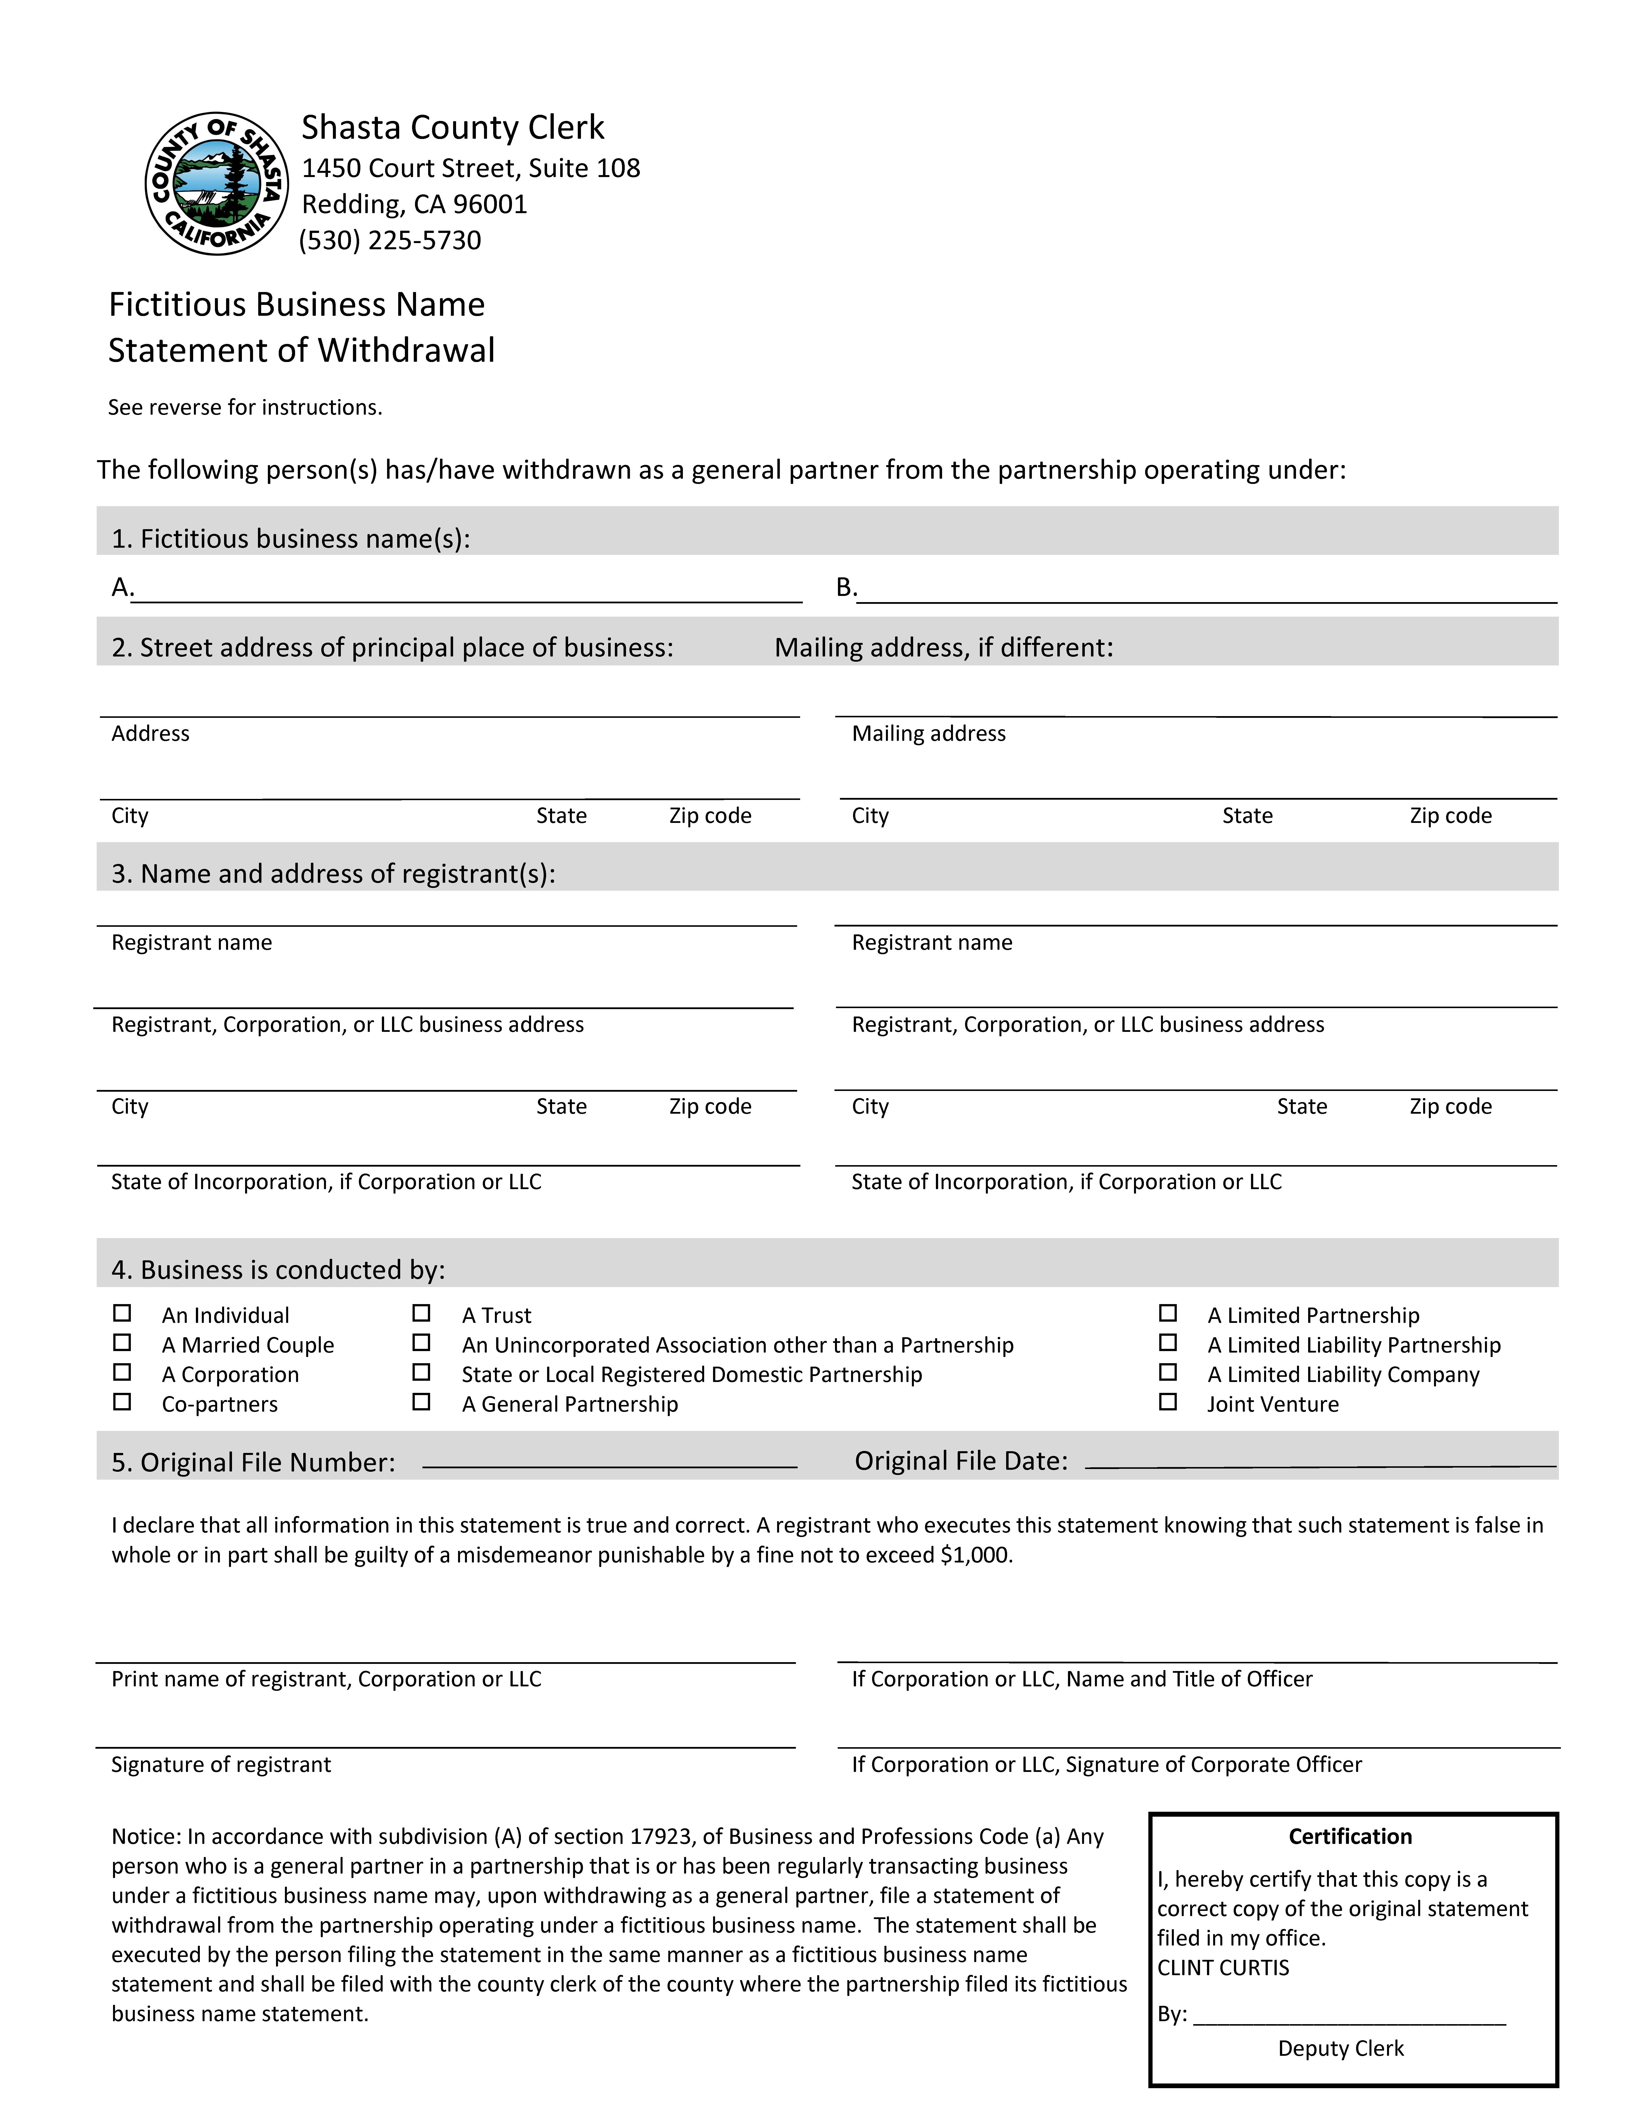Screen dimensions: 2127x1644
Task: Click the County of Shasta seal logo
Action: pos(216,183)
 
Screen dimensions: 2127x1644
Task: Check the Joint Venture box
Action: pos(1168,1402)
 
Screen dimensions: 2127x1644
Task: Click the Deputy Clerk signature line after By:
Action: pos(1349,2014)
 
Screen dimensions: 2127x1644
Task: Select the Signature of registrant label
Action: pos(221,1765)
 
